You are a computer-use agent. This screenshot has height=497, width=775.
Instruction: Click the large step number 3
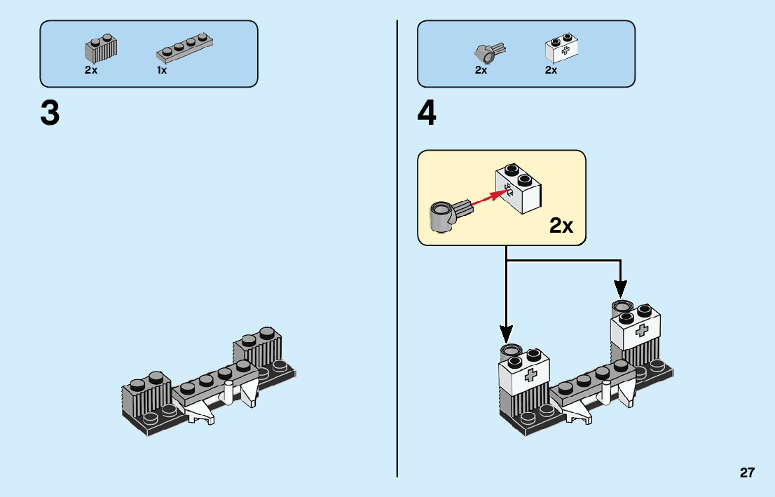pos(50,114)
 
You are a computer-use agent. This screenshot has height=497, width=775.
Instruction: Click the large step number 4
pos(427,114)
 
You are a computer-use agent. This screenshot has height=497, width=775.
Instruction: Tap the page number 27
pos(747,472)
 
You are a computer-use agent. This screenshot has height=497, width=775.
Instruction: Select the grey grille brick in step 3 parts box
pos(101,48)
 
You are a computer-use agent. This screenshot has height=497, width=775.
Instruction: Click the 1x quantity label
pos(162,71)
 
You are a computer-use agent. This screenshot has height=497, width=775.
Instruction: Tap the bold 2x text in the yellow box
pos(561,225)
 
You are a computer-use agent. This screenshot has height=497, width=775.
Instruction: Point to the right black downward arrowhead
pos(620,287)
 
